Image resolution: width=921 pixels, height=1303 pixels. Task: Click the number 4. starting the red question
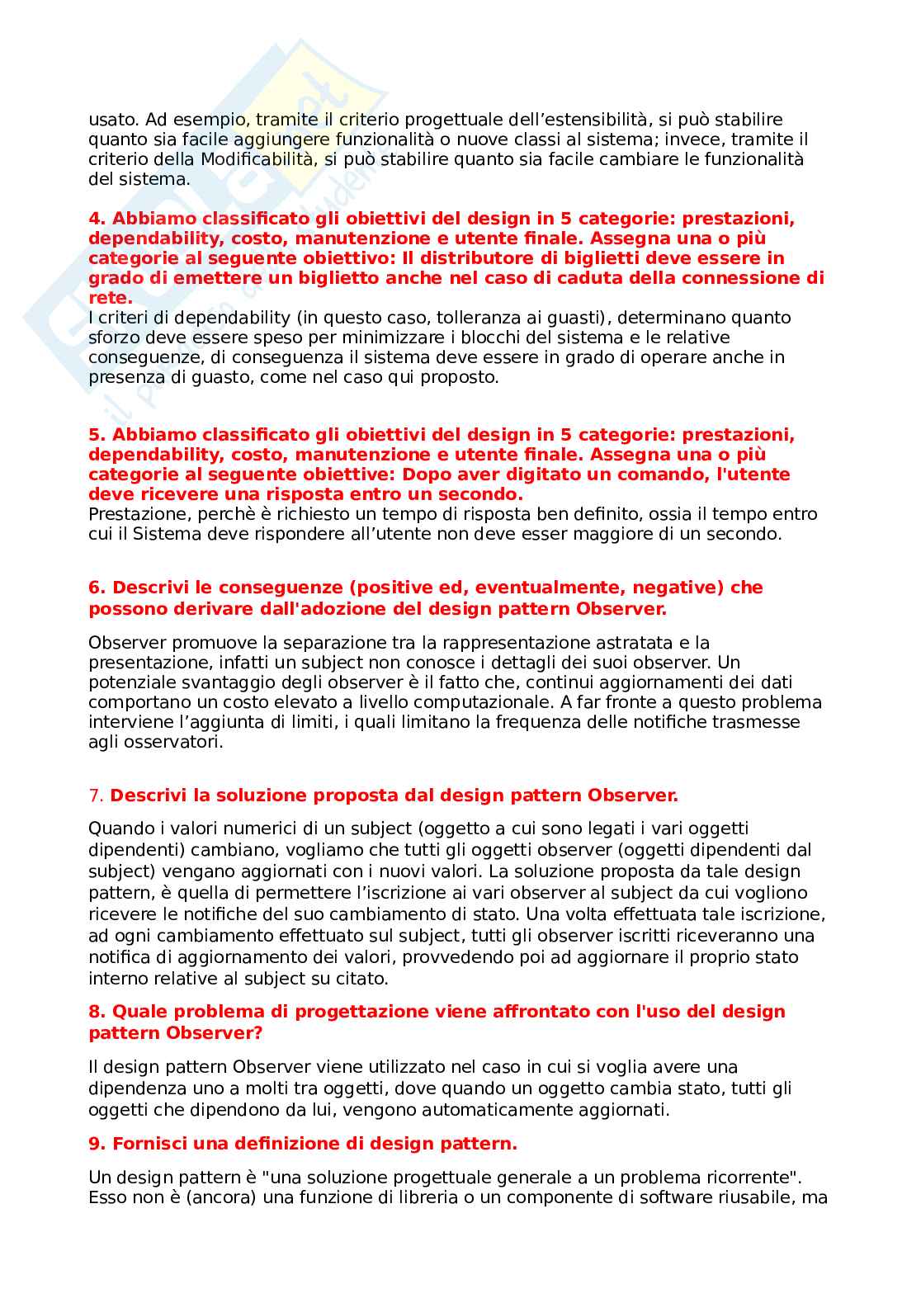[97, 219]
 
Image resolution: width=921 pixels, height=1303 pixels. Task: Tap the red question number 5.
[97, 435]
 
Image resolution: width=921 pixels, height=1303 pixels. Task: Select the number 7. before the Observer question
[97, 795]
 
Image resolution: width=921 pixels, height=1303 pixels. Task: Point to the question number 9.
[97, 1144]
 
